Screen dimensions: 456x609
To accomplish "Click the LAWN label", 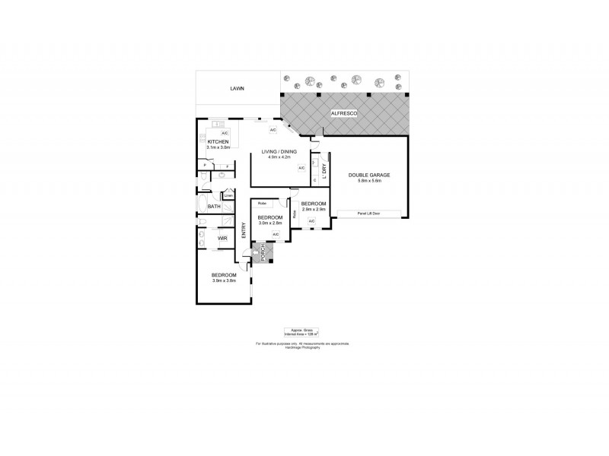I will (238, 89).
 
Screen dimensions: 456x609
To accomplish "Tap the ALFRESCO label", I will (344, 113).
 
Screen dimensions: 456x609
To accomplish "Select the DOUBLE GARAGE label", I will (369, 176).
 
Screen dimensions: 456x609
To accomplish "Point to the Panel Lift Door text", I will (368, 214).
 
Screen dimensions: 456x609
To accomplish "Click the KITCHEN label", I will (218, 142).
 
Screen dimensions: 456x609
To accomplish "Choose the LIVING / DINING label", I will (279, 152).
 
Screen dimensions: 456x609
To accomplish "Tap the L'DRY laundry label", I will (324, 172).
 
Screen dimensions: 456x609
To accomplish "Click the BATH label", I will (215, 207).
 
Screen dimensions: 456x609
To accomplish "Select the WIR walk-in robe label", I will (222, 239).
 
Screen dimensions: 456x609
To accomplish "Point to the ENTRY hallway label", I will (244, 230).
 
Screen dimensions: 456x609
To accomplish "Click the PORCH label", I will (263, 252).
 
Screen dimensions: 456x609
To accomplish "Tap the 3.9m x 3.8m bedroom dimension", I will (225, 280).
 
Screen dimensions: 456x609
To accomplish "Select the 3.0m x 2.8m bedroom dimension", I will (269, 223).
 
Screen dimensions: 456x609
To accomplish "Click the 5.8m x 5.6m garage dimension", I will (369, 181).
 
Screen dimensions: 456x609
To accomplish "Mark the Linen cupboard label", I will (228, 195).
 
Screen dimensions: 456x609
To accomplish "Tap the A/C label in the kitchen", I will (225, 134).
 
